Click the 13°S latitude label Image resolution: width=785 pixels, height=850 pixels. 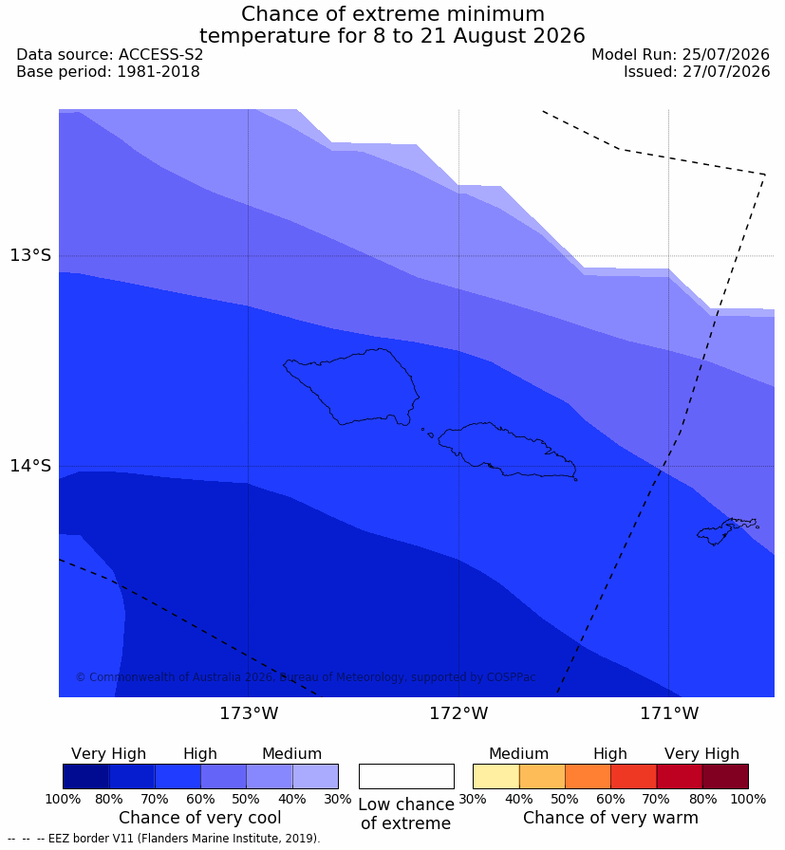click(30, 255)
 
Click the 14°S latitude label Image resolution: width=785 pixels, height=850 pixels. click(30, 465)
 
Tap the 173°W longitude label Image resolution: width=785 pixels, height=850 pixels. click(249, 712)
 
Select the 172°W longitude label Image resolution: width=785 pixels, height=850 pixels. click(459, 712)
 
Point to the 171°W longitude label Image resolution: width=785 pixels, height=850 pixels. click(669, 712)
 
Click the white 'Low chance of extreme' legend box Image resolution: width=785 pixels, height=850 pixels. click(406, 776)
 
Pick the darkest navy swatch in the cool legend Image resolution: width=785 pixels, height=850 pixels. click(86, 776)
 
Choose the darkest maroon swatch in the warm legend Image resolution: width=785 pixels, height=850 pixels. click(725, 776)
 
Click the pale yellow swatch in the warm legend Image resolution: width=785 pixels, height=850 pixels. click(495, 776)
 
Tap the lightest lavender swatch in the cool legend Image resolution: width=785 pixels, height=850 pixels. click(315, 776)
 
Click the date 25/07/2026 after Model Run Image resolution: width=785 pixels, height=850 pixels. click(726, 55)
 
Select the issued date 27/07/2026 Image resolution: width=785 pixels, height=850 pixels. click(726, 71)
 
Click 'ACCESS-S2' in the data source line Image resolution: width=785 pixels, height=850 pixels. click(160, 55)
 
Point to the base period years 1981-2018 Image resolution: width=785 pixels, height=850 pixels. click(159, 71)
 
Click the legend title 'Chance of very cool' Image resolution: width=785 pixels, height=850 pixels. click(200, 818)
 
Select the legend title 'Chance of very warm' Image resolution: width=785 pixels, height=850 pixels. click(611, 818)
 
